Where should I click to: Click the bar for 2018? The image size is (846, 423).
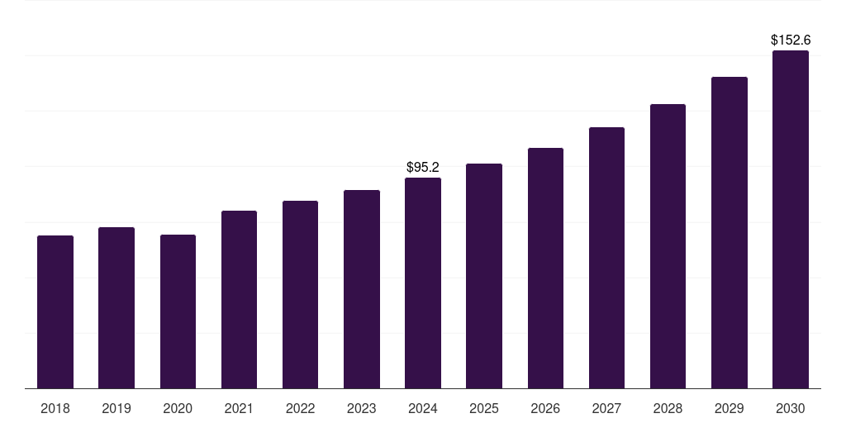coord(55,312)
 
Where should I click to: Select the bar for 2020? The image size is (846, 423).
coord(178,311)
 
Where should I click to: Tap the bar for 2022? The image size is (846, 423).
coord(300,295)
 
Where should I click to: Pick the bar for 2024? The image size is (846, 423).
coord(423,283)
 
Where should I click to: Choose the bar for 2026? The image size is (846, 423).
coord(545,269)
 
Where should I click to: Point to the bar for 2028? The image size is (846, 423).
coord(668,246)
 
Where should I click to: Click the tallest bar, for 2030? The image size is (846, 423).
coord(791,220)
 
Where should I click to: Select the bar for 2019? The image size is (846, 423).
coord(116,308)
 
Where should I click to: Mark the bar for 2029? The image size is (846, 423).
coord(730,233)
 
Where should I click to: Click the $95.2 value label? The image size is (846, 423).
coord(423,168)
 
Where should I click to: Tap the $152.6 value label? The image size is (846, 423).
coord(791,40)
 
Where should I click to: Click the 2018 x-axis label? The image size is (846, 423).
coord(55,408)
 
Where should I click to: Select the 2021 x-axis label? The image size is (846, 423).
coord(239,408)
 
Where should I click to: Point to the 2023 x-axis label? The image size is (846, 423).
coord(362,408)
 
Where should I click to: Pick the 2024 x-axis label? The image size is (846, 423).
coord(423,408)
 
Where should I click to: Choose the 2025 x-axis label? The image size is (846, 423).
coord(484,408)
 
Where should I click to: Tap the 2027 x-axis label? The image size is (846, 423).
coord(606,408)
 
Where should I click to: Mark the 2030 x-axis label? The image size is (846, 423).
coord(791,408)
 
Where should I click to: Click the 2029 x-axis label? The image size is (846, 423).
coord(730,408)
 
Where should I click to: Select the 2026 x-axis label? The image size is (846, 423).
coord(545,408)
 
